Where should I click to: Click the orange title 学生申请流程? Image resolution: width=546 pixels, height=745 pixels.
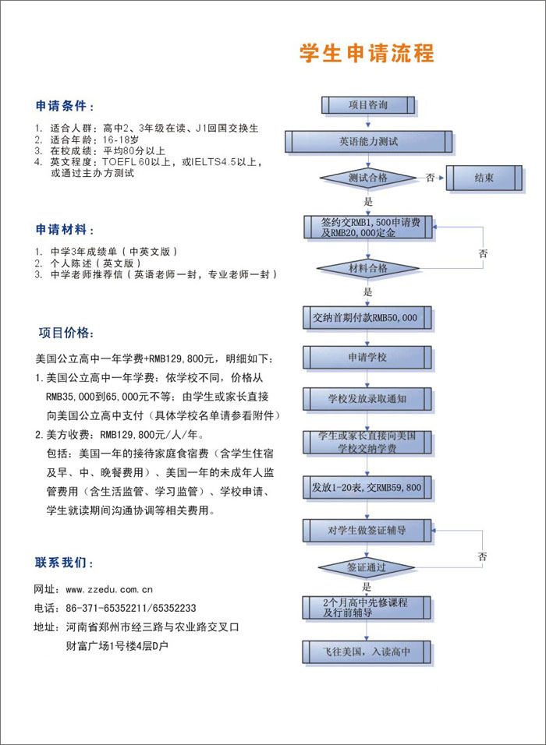pyautogui.click(x=367, y=54)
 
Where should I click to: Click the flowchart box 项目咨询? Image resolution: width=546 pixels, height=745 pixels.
pyautogui.click(x=367, y=104)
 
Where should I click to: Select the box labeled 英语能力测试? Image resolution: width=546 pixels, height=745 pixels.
pyautogui.click(x=367, y=142)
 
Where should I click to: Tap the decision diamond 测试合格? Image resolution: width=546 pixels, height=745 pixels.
pyautogui.click(x=367, y=178)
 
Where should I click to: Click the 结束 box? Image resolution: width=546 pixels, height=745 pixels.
pyautogui.click(x=484, y=178)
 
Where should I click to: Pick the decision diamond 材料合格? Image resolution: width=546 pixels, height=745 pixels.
pyautogui.click(x=367, y=268)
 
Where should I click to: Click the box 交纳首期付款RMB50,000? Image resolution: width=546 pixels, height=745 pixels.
pyautogui.click(x=365, y=318)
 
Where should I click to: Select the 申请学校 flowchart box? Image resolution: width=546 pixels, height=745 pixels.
pyautogui.click(x=367, y=358)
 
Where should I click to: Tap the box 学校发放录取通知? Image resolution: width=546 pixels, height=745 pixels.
pyautogui.click(x=367, y=399)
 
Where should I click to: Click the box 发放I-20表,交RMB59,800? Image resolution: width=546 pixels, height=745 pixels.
pyautogui.click(x=367, y=487)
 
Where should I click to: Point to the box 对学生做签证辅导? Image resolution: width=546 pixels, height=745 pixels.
pyautogui.click(x=367, y=531)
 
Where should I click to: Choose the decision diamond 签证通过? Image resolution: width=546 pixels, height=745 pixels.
pyautogui.click(x=367, y=567)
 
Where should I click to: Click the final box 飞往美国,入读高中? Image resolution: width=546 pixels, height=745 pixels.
pyautogui.click(x=367, y=651)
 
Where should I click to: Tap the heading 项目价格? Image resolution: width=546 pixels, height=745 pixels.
pyautogui.click(x=68, y=333)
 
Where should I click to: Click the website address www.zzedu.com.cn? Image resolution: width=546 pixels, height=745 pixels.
pyautogui.click(x=108, y=589)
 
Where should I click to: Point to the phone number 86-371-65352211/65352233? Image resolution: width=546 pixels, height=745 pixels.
pyautogui.click(x=130, y=608)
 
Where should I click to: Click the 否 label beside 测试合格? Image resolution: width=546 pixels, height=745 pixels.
pyautogui.click(x=430, y=178)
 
